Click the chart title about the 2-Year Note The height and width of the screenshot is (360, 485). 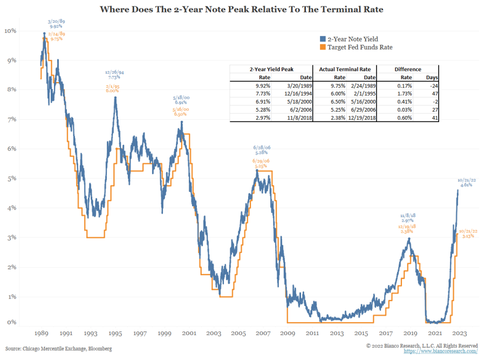(x=242, y=10)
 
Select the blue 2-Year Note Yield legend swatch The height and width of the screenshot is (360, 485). (x=322, y=39)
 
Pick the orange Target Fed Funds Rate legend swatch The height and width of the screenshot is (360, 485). (x=322, y=47)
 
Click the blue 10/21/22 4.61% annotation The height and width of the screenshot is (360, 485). (x=466, y=182)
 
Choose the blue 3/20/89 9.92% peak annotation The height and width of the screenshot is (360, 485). (x=56, y=23)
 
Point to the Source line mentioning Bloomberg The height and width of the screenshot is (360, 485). (x=59, y=349)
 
